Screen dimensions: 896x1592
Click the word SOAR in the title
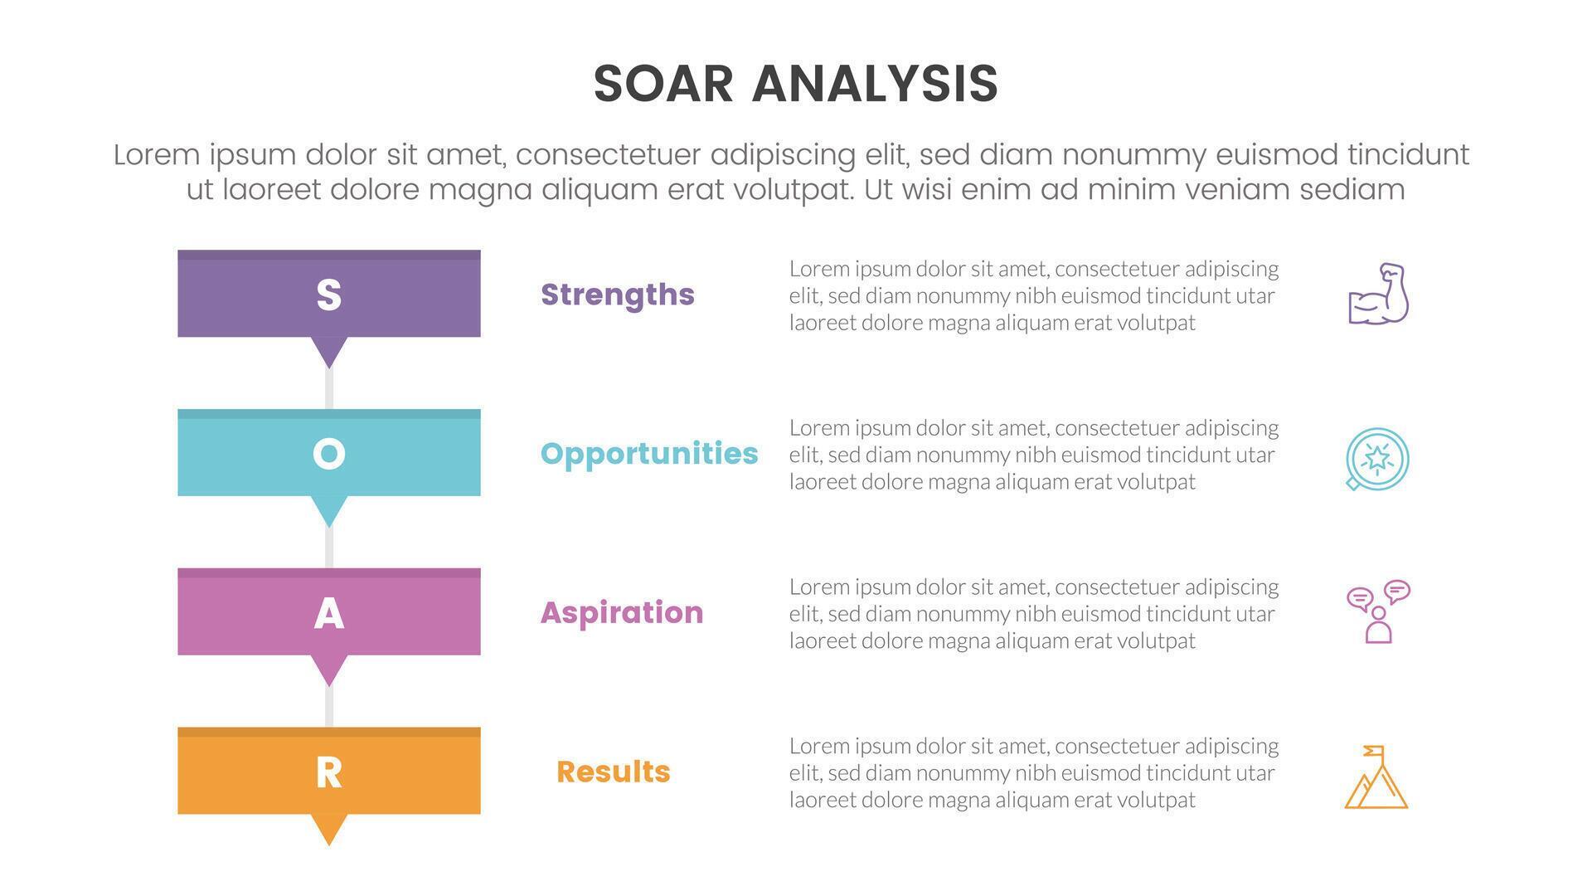pos(663,84)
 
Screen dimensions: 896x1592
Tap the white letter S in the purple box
pos(329,295)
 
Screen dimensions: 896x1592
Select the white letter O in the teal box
pos(329,454)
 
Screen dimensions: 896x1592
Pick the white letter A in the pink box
pos(329,614)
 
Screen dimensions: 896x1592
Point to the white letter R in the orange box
pos(329,772)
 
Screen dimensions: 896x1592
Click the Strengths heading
pos(617,295)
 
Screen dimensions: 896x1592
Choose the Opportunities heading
pos(648,454)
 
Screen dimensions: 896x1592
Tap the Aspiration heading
pos(621,613)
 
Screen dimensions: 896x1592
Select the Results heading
pos(613,772)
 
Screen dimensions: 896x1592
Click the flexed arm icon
pos(1378,294)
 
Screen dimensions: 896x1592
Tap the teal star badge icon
pos(1377,459)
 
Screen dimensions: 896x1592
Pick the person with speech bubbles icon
pos(1378,611)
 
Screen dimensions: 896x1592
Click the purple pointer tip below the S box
pos(329,352)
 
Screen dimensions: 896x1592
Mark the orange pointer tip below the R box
pos(329,829)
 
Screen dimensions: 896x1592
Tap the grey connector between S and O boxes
pos(329,389)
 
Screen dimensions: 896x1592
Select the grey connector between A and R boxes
pos(329,707)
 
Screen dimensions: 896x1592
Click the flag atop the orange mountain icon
pos(1375,751)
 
